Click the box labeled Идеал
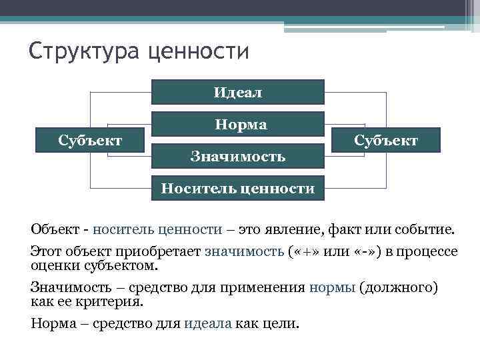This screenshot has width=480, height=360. [238, 92]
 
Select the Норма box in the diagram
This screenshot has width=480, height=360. [238, 124]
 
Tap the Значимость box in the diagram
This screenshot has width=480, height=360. [238, 156]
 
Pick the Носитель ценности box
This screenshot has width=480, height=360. [238, 188]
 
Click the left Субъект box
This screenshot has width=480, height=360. [90, 140]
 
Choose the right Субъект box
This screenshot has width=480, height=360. [386, 140]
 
